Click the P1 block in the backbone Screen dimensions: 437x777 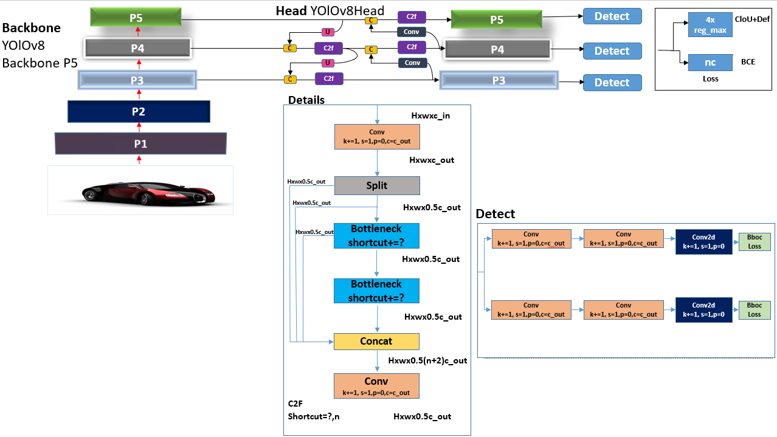140,144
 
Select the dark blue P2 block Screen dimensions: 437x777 139,112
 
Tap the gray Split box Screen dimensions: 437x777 377,185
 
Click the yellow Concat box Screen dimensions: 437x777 376,341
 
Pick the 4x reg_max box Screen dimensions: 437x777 710,25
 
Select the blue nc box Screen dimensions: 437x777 710,62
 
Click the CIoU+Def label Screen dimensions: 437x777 752,19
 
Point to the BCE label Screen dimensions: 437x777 748,61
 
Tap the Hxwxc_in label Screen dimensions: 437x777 430,115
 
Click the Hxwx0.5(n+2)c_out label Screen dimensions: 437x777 428,360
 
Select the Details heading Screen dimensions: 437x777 306,100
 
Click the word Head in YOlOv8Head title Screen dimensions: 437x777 291,11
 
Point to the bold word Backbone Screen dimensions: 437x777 32,28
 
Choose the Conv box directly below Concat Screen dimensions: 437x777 376,385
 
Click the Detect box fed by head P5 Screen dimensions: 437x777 612,16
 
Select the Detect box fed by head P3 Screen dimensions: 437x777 612,83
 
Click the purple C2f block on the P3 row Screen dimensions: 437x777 329,78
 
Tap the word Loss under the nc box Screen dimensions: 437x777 710,78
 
